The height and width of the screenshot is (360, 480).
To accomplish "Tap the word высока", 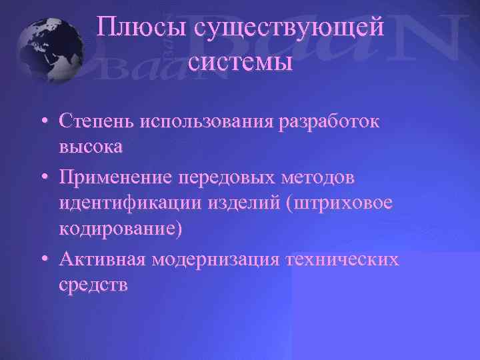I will pos(91,146).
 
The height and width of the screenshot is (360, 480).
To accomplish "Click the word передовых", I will pos(231,179).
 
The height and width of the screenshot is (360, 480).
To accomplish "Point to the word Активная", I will pos(102,257).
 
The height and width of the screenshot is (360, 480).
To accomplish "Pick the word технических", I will pos(343,257).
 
